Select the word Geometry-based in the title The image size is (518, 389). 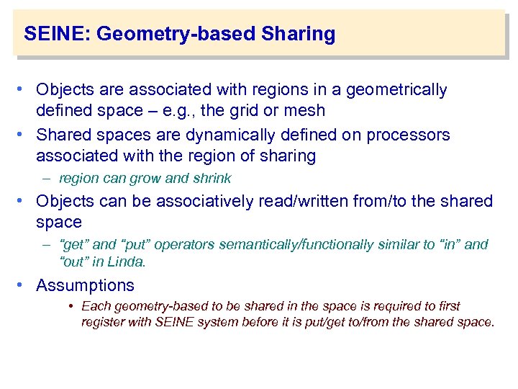(178, 34)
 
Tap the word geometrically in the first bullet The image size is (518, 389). (396, 90)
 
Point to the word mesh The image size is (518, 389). (305, 111)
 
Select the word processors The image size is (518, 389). (409, 135)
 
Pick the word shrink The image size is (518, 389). (212, 179)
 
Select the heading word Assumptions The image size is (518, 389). (85, 285)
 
